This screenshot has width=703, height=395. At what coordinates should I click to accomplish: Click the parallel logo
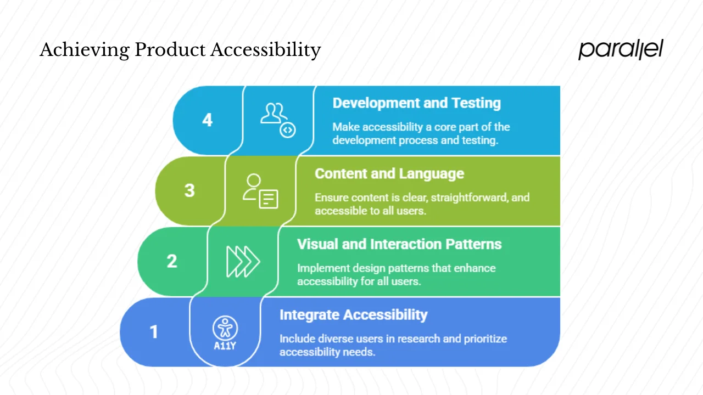click(621, 49)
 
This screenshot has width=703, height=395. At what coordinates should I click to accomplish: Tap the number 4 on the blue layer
click(207, 120)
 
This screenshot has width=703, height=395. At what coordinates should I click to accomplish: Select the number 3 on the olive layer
click(189, 190)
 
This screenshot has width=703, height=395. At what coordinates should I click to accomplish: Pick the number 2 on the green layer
click(172, 261)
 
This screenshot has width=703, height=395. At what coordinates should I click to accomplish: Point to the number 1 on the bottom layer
click(154, 332)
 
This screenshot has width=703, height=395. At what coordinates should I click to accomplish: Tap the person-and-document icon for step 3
click(260, 191)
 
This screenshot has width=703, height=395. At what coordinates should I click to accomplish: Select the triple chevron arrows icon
click(243, 262)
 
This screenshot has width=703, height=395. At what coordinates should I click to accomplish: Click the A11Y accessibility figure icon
click(225, 332)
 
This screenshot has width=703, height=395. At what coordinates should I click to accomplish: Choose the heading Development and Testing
click(416, 103)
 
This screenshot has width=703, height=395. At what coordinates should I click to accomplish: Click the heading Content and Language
click(389, 174)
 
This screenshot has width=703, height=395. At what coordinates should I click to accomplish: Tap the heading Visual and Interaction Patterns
click(399, 244)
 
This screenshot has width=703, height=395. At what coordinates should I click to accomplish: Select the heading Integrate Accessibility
click(353, 315)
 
